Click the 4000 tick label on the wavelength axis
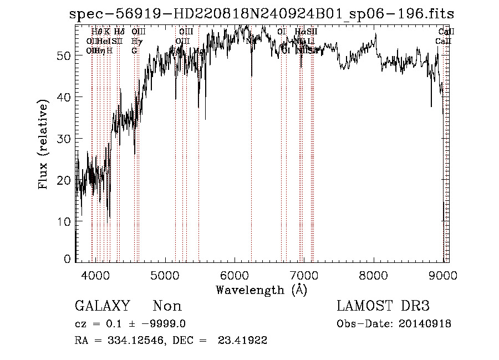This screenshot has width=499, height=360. coord(95,275)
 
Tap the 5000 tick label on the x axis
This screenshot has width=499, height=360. coord(165,275)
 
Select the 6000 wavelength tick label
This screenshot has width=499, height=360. coord(235,275)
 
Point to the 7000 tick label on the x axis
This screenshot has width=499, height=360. coord(304,275)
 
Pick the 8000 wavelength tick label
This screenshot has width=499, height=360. coord(373,275)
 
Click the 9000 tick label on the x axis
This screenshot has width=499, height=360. coord(442,275)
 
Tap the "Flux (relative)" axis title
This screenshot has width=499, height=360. coord(44,144)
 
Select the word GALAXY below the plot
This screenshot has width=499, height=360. coord(103,306)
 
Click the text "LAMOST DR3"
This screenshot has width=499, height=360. coord(383,306)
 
